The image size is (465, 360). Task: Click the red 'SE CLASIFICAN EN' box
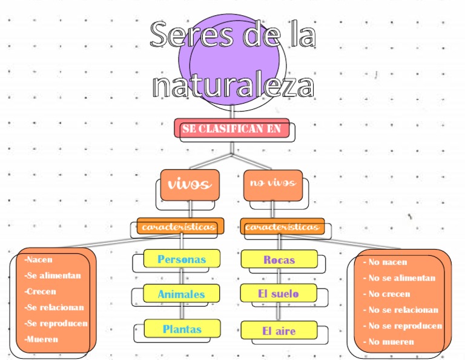click(231, 128)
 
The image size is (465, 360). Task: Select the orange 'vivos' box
click(189, 184)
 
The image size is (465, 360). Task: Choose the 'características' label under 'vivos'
click(180, 227)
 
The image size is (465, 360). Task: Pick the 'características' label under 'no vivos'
click(282, 227)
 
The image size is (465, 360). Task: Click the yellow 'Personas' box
click(182, 259)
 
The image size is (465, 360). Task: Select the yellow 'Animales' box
click(182, 295)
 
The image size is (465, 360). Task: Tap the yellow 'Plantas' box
click(182, 329)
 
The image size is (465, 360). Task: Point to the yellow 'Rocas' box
click(279, 259)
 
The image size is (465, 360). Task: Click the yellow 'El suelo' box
click(279, 294)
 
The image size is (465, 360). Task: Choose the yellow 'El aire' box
click(279, 331)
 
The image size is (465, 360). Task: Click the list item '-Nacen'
click(39, 259)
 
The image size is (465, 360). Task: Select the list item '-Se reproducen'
click(56, 323)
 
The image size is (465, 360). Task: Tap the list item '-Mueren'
click(42, 339)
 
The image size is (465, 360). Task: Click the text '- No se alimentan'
click(399, 278)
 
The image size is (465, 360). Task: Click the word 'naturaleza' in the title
click(233, 85)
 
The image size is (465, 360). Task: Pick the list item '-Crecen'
click(41, 292)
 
